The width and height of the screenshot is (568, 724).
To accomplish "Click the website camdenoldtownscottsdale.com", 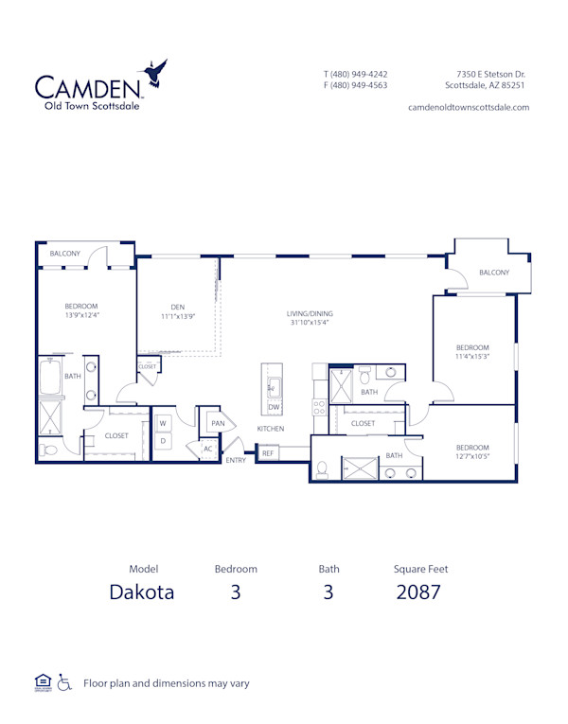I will tap(468, 107).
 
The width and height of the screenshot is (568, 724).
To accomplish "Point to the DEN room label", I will tap(177, 307).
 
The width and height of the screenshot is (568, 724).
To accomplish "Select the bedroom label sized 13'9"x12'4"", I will tap(81, 314).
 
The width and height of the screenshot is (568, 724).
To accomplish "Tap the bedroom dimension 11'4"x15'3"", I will tap(472, 357).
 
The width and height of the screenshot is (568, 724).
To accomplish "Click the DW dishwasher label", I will tap(274, 407).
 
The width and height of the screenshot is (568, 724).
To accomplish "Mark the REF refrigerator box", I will tap(268, 454).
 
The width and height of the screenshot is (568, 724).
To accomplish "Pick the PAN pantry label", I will tap(217, 423).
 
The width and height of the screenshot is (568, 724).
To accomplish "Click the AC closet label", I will tap(207, 450).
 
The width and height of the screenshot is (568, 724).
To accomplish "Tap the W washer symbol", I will tap(163, 423).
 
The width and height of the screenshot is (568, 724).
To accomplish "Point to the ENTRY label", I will tap(236, 461).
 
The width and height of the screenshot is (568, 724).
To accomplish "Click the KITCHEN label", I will tap(271, 430).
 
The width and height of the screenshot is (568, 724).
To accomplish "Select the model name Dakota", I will tap(143, 593).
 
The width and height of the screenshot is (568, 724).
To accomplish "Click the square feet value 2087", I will tap(419, 593).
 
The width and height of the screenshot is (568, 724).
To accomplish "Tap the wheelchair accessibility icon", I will tap(65, 681).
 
